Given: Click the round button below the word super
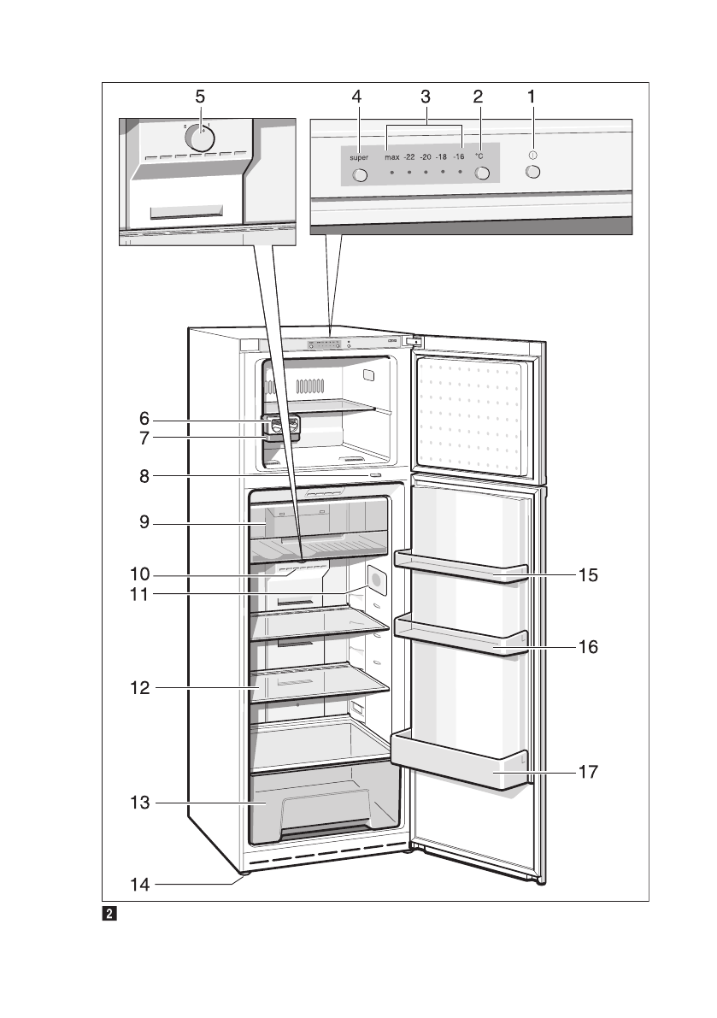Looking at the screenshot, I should pos(359,175).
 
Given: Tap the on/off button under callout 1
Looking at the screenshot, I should pos(534,172).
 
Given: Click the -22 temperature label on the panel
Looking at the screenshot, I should pos(409,157).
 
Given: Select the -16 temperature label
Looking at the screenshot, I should pos(459,157).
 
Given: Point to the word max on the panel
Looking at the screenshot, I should pos(391,157).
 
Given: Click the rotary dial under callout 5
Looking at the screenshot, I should pos(199,138).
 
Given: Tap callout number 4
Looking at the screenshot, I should pos(356,97).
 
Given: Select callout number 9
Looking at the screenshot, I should pos(144,524).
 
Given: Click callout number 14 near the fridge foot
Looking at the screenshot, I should pos(139,886).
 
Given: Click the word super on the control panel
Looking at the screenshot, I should pos(358,158).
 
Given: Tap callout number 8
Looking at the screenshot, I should pos(144,477).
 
